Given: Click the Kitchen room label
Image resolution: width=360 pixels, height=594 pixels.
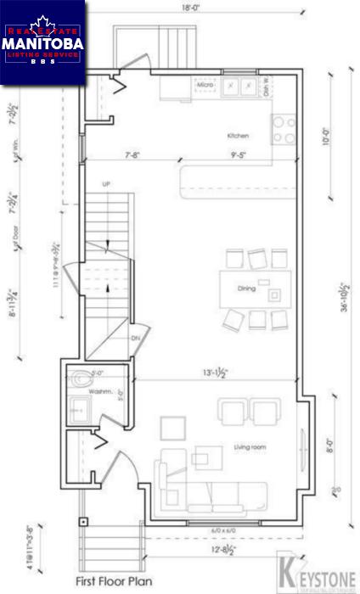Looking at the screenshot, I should click(x=237, y=136).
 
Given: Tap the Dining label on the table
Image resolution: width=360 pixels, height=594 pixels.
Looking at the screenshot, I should click(x=246, y=289).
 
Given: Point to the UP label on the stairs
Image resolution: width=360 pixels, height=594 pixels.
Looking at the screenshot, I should click(x=105, y=183).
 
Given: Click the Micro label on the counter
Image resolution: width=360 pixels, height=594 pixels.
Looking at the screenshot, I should click(x=204, y=86).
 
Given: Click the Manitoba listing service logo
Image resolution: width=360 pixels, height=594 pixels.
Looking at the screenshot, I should click(x=42, y=42).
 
